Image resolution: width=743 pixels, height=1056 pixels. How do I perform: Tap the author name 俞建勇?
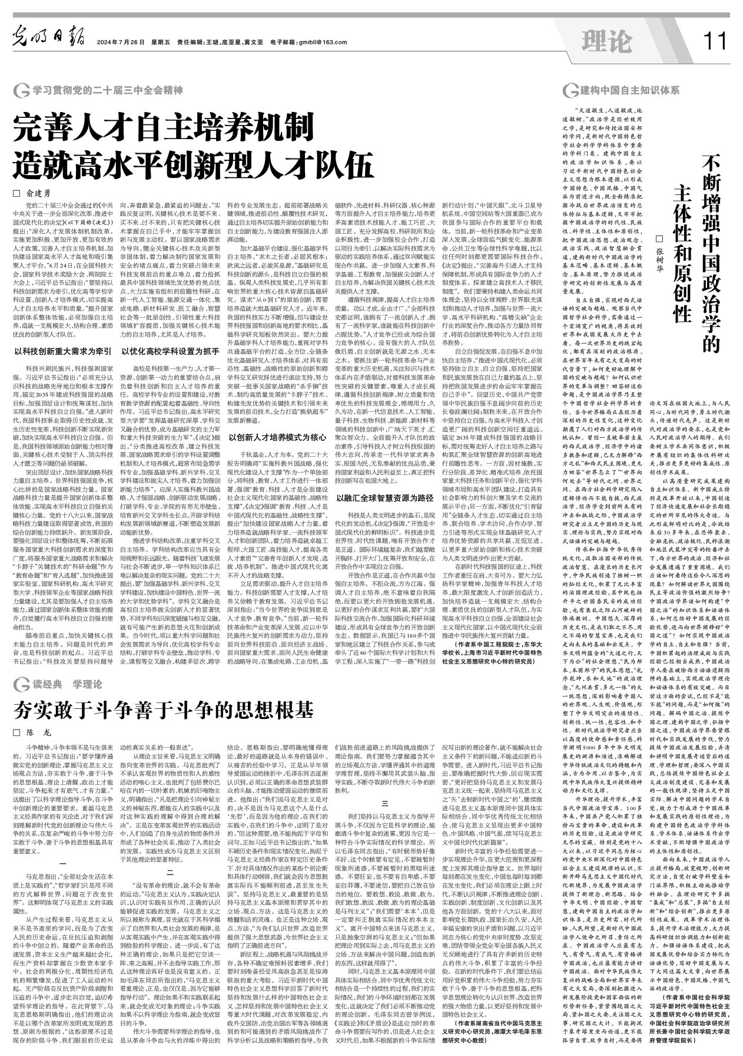(x=39, y=193)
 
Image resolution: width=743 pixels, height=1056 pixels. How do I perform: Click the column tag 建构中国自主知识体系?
(x=629, y=91)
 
